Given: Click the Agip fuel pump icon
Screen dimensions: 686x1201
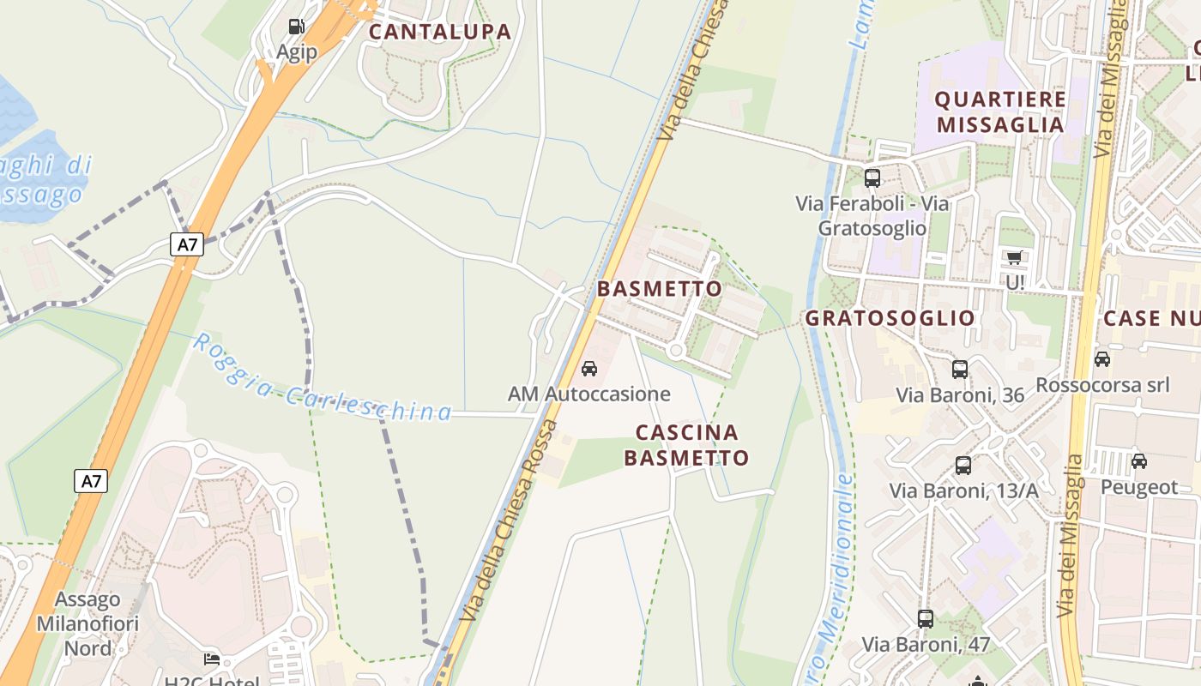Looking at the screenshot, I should click(x=296, y=27).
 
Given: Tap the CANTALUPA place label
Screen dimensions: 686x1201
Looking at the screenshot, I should click(x=440, y=33).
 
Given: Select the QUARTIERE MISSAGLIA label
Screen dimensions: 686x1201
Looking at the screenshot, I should click(x=1000, y=111).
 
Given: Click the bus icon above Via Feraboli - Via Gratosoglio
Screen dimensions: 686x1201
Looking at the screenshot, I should click(x=872, y=178).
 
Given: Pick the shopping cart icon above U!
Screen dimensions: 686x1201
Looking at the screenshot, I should click(x=1015, y=257).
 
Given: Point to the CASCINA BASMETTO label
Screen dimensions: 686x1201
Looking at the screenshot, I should click(x=686, y=444).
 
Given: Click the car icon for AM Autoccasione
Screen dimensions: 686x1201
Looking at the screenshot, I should click(x=589, y=369).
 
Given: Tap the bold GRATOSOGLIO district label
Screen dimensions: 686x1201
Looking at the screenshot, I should click(x=890, y=318).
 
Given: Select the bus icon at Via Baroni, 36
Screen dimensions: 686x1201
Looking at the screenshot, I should click(x=960, y=370).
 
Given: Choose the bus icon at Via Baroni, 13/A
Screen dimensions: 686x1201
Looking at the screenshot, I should click(x=963, y=466).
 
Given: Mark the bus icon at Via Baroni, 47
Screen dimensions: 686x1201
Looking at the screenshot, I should click(x=926, y=618).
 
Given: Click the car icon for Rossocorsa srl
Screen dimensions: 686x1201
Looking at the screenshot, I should click(x=1102, y=358).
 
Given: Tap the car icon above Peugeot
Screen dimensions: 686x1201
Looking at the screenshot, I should click(x=1139, y=461).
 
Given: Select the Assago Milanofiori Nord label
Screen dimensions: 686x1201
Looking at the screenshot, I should click(x=88, y=623).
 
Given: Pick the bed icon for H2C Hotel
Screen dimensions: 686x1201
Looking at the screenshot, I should click(x=212, y=660).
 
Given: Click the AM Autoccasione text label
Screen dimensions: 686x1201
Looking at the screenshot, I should click(x=588, y=394).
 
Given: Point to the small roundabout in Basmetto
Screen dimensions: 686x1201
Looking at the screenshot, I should click(x=676, y=350).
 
